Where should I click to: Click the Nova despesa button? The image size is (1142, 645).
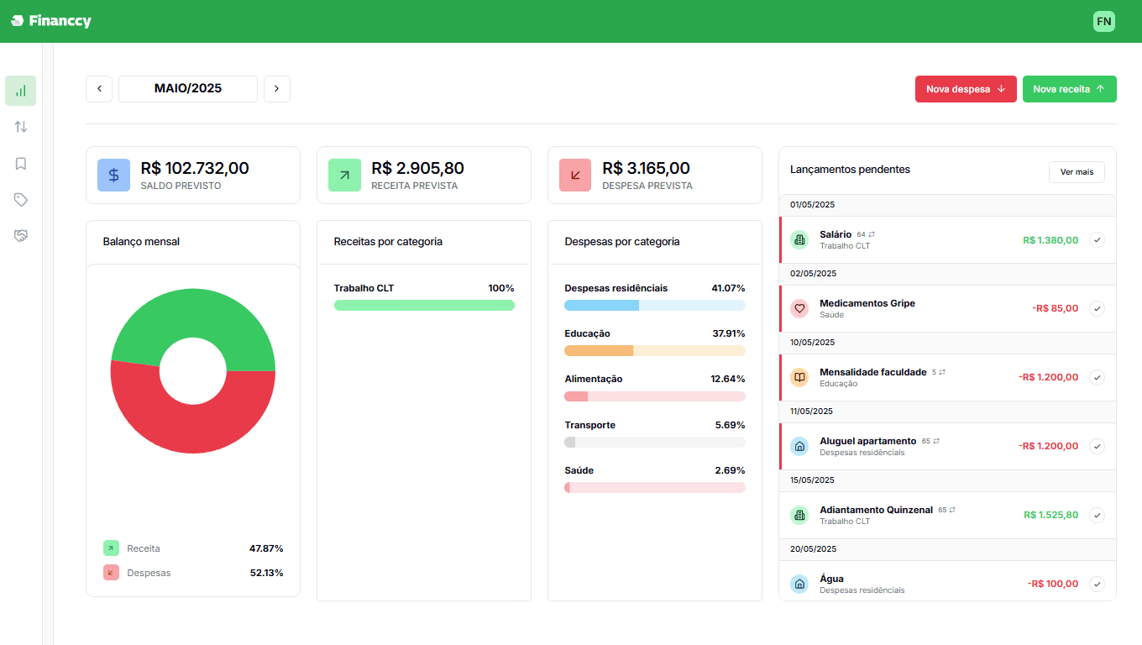pyautogui.click(x=966, y=89)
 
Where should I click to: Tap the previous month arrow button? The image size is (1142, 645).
pyautogui.click(x=99, y=89)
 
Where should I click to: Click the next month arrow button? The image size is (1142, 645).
pyautogui.click(x=277, y=89)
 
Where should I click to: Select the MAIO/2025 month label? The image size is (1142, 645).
pyautogui.click(x=188, y=89)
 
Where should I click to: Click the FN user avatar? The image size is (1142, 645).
pyautogui.click(x=1103, y=21)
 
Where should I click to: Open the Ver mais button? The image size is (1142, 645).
pyautogui.click(x=1077, y=172)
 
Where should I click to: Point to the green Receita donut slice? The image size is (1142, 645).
pyautogui.click(x=193, y=313)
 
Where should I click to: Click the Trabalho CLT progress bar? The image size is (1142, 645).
pyautogui.click(x=424, y=306)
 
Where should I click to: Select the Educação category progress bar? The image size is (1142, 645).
pyautogui.click(x=655, y=351)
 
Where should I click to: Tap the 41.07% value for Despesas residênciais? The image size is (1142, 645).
pyautogui.click(x=728, y=288)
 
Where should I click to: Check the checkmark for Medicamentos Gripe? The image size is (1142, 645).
pyautogui.click(x=1097, y=308)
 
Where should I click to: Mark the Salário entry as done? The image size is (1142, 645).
pyautogui.click(x=1097, y=239)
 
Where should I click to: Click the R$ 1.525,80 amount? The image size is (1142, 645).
pyautogui.click(x=1050, y=515)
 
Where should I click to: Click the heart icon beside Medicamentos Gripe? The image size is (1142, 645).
pyautogui.click(x=799, y=308)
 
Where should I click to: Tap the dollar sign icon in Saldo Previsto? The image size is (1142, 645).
pyautogui.click(x=113, y=175)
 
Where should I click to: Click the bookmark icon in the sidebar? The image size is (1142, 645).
pyautogui.click(x=21, y=164)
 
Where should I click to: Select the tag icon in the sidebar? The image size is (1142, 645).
pyautogui.click(x=21, y=199)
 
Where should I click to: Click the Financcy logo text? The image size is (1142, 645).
pyautogui.click(x=60, y=21)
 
